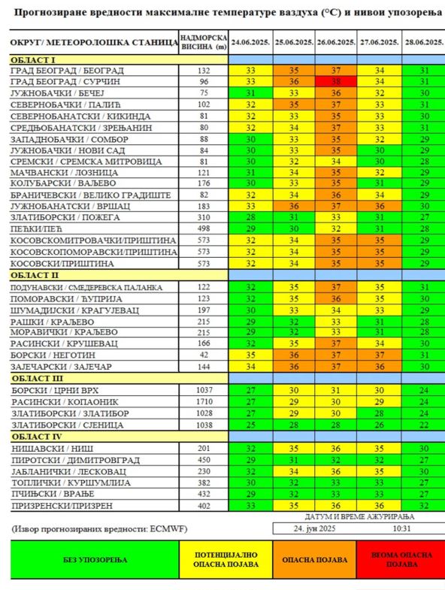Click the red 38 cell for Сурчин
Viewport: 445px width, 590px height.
tap(336, 81)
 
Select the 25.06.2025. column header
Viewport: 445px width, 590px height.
tap(294, 43)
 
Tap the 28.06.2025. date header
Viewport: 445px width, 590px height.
tap(423, 43)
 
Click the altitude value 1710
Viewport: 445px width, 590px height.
tap(203, 402)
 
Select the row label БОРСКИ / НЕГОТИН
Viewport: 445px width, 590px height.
tap(57, 355)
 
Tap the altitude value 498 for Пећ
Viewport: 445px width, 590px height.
tap(203, 228)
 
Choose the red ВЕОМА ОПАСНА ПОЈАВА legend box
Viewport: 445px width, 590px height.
tap(402, 560)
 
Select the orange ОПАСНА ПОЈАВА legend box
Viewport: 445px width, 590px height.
tap(315, 560)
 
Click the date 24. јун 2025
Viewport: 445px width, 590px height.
tap(315, 529)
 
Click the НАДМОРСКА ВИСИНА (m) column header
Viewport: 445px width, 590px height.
tap(203, 42)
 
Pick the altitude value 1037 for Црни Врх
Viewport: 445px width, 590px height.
tap(203, 391)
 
